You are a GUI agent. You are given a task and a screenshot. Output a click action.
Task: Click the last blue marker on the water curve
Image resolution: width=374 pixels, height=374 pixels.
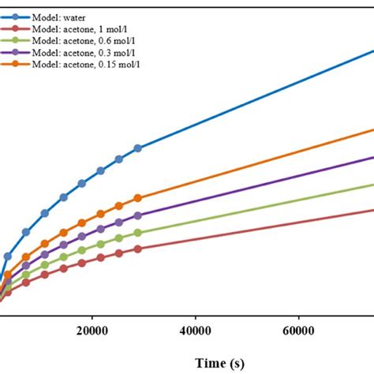point(138,148)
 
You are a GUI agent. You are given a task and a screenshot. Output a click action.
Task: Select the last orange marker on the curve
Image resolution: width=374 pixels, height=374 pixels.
point(138,198)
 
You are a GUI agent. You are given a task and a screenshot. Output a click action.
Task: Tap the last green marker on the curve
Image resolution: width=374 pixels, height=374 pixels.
point(138,233)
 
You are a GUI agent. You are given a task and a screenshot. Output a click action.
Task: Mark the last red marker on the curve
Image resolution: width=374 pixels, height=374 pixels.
point(138,249)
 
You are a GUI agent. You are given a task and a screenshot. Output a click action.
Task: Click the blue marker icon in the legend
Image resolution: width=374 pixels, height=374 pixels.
point(16,16)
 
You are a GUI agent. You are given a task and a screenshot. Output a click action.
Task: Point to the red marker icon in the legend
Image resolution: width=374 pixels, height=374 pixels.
point(16,28)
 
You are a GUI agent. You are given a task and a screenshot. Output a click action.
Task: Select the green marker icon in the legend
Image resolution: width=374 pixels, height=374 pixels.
point(16,39)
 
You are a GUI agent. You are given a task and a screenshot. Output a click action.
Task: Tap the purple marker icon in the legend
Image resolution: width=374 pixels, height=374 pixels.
point(16,51)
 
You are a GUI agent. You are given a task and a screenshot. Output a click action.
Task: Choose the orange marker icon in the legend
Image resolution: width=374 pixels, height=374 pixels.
point(16,63)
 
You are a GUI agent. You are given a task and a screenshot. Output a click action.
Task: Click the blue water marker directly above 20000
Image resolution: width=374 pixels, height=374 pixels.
point(100,170)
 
